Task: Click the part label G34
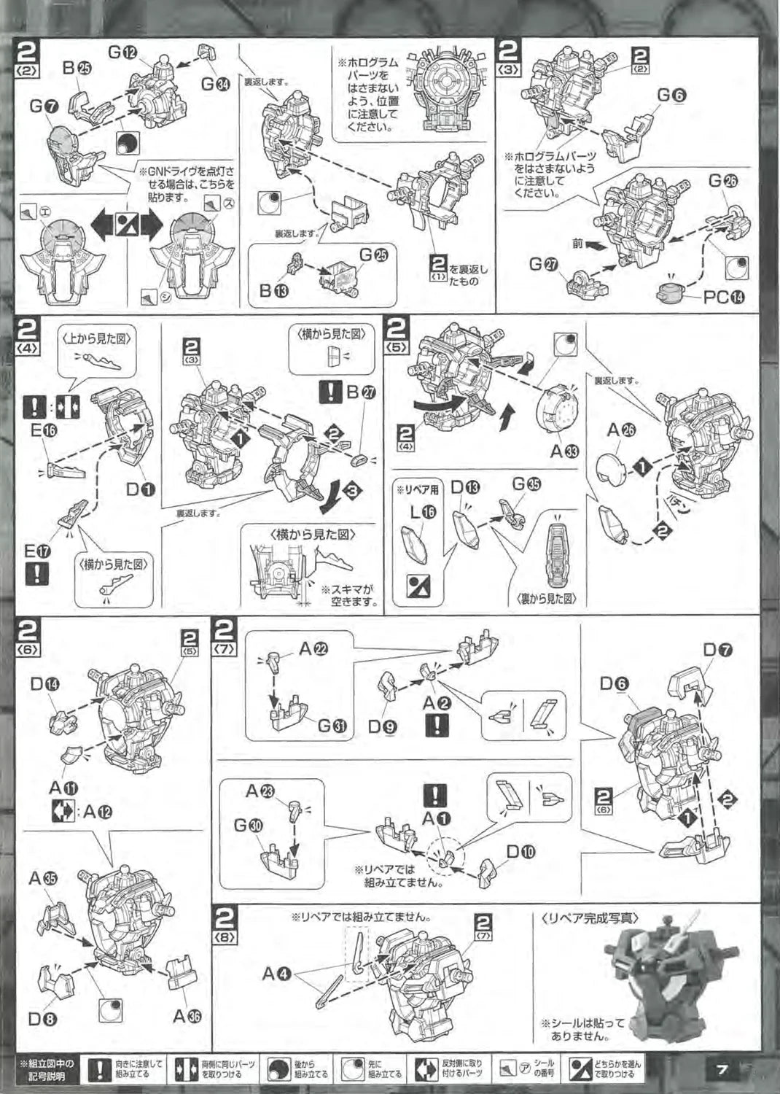(215, 84)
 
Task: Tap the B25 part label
(77, 68)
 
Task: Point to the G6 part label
(671, 96)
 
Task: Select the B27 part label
(361, 392)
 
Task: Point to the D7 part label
(717, 650)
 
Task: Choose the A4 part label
(278, 973)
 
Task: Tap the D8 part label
(43, 1020)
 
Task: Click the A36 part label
(187, 1016)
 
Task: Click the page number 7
(722, 1070)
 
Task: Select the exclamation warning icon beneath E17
(36, 574)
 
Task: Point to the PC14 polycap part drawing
(671, 293)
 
